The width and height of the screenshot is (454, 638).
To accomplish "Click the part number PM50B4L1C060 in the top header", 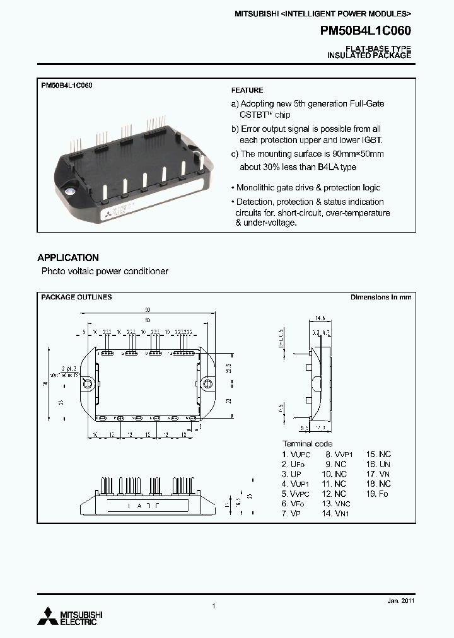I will point(366,31).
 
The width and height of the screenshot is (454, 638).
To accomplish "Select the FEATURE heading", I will point(247,90).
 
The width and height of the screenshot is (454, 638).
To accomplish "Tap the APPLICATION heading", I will point(68,258).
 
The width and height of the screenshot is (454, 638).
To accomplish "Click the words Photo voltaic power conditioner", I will point(105,271).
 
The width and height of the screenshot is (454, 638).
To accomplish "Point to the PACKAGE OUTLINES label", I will point(76,296).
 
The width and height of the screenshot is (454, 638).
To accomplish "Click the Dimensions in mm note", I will point(381,297).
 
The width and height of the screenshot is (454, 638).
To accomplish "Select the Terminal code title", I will point(307,444).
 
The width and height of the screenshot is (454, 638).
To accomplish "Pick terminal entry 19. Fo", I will point(378,494).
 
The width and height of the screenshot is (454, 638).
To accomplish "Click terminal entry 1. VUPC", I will point(297,454).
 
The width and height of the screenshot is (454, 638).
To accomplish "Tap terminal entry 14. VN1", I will point(336,514).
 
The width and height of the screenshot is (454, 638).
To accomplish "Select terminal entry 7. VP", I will point(291,514).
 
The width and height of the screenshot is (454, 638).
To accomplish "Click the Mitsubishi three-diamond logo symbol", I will point(49,615).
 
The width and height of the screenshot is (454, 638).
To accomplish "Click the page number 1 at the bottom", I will point(214,606).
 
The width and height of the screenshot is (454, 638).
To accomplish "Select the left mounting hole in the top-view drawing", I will point(89,383).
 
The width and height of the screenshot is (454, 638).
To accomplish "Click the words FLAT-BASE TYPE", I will point(378,49).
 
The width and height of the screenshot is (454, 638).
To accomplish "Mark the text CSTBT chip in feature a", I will point(265,115).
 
